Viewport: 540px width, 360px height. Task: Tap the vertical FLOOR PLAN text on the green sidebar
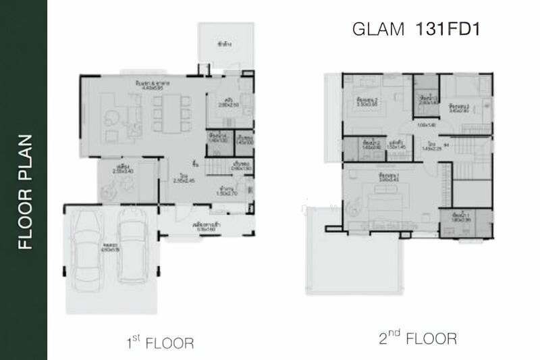pyautogui.click(x=24, y=193)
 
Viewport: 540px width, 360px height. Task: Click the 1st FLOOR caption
pyautogui.click(x=160, y=342)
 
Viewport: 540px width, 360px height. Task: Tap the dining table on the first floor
pyautogui.click(x=167, y=112)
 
